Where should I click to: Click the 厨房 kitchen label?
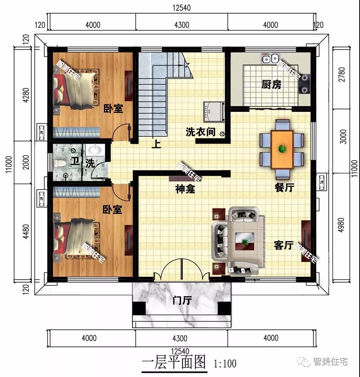(272, 85)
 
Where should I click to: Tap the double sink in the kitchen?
(270, 59)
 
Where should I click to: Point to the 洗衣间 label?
(200, 132)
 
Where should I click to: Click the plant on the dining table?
(282, 149)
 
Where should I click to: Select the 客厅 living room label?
(284, 246)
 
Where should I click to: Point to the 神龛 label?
(185, 189)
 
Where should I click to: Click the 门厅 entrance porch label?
(181, 301)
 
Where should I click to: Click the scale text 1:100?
(225, 364)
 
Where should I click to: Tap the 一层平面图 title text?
(174, 363)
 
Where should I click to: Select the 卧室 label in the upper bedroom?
(113, 109)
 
